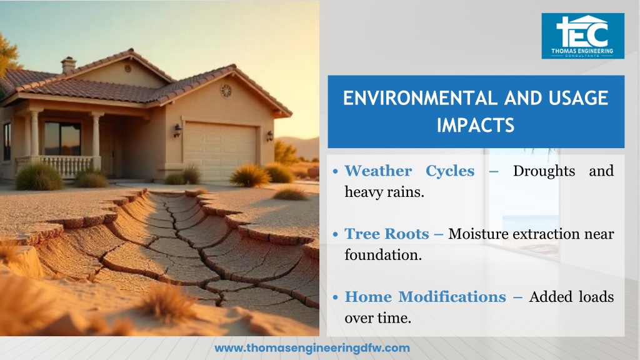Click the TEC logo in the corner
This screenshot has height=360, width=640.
583,36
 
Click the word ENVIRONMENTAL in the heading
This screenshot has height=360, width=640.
419,98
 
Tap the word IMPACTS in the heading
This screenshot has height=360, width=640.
476,125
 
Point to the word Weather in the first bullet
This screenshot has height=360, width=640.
378,171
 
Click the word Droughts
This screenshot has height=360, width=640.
544,171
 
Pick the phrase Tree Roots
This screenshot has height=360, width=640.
387,234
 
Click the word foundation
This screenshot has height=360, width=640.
383,255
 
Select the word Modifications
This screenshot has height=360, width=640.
452,297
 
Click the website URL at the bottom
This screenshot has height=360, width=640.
312,348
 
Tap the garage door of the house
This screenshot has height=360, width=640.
220,151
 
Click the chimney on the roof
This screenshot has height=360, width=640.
69,64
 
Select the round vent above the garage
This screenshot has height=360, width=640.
226,91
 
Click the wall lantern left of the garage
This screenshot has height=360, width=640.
177,131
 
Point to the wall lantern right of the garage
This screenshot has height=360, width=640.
269,136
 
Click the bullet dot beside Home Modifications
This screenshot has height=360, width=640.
336,297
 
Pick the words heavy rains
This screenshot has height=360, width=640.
384,192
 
